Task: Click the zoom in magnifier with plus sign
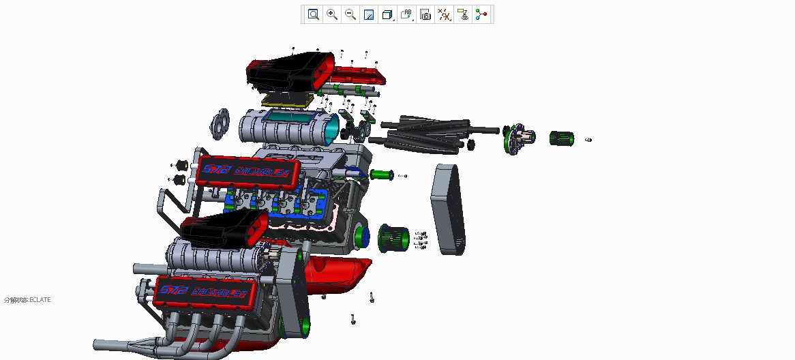332,14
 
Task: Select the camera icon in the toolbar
425,14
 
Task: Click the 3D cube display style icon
387,14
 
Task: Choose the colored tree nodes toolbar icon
482,14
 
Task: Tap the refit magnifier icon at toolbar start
313,14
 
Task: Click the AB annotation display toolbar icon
406,14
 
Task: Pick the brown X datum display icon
444,14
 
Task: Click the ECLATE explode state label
27,300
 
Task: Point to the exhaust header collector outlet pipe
109,345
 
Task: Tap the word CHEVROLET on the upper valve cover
266,170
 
